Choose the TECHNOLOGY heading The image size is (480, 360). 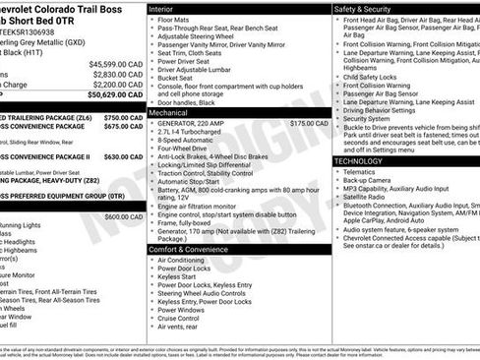pyautogui.click(x=358, y=160)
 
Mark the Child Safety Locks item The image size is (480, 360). pyautogui.click(x=375, y=76)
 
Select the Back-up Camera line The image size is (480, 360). pyautogui.click(x=369, y=181)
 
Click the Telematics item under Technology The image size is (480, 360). pyautogui.click(x=361, y=171)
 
